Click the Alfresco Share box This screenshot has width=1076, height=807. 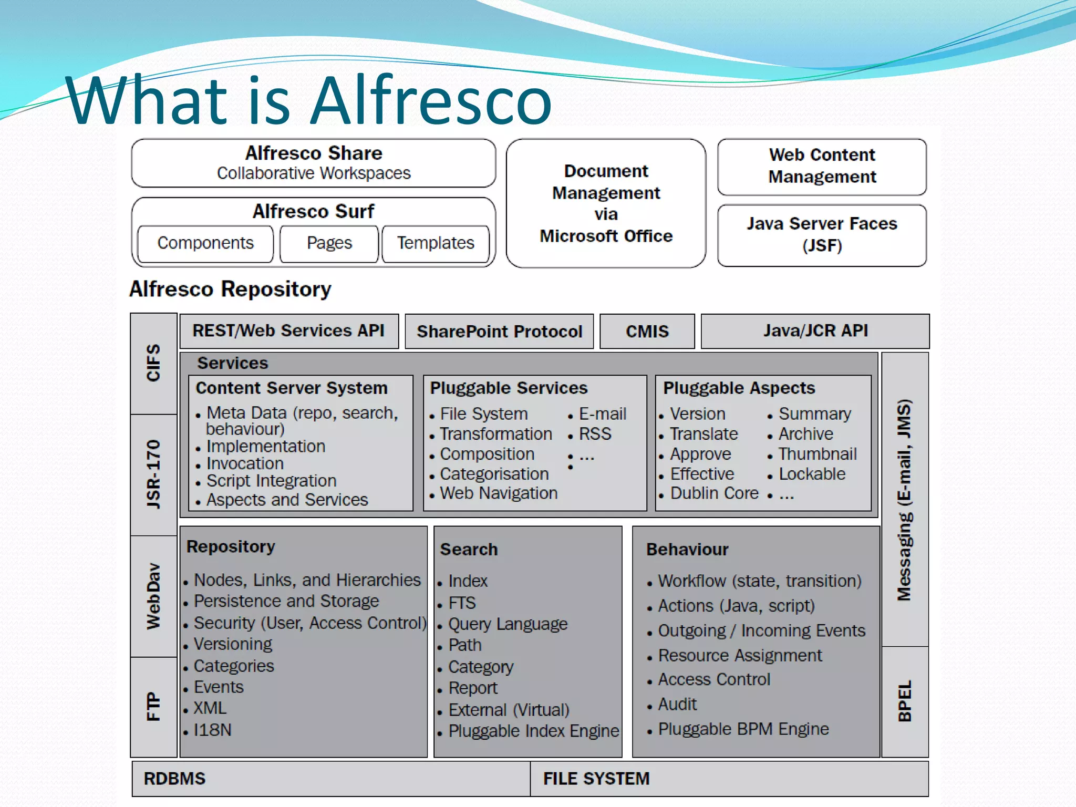click(x=313, y=163)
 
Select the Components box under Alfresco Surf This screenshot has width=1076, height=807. click(x=205, y=243)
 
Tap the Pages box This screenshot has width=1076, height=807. click(x=329, y=243)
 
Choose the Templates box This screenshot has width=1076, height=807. click(x=435, y=243)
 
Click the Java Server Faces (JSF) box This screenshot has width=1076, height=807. click(x=822, y=235)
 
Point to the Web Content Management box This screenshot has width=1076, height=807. click(x=822, y=166)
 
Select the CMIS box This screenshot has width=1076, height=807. click(x=647, y=332)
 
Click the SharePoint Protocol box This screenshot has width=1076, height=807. click(x=499, y=332)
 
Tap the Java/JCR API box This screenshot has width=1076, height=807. click(x=815, y=330)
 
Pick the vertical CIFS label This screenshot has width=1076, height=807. click(x=153, y=363)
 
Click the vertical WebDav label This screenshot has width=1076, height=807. click(x=153, y=596)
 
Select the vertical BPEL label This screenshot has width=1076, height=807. click(x=904, y=701)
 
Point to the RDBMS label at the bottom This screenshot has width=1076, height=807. click(x=174, y=779)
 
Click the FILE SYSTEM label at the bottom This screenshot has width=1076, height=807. click(x=596, y=779)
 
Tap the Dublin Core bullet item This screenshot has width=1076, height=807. click(x=714, y=493)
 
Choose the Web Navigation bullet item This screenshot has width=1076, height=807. click(x=498, y=493)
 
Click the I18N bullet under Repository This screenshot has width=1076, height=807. click(x=212, y=730)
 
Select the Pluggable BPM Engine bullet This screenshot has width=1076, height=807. click(x=743, y=729)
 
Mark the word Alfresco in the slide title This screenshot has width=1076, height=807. click(x=431, y=100)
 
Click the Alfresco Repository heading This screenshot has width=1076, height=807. click(x=230, y=289)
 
